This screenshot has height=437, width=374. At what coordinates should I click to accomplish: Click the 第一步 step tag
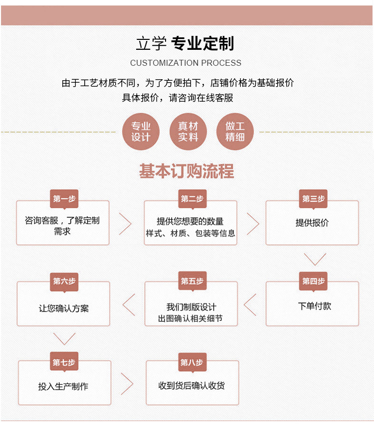(64, 199)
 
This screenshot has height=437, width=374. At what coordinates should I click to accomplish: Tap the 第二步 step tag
(192, 199)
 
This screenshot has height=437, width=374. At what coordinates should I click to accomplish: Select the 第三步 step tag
(313, 199)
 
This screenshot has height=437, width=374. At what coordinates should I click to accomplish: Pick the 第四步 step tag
(313, 282)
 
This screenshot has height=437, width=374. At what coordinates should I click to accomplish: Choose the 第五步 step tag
(192, 281)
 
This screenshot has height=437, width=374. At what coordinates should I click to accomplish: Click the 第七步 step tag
(64, 362)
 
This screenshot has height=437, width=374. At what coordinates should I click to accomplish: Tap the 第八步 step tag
(192, 362)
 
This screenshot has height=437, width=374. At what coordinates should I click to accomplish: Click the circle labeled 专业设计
(141, 132)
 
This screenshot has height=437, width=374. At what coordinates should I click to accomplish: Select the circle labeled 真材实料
(188, 132)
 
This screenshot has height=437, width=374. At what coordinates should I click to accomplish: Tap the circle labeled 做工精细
(235, 132)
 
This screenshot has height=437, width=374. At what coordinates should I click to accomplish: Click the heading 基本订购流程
(187, 171)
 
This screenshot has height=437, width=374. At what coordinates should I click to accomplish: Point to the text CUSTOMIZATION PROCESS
(186, 63)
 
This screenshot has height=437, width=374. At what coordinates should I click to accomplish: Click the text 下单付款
(315, 306)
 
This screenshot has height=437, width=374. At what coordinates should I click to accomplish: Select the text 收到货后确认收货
(191, 386)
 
